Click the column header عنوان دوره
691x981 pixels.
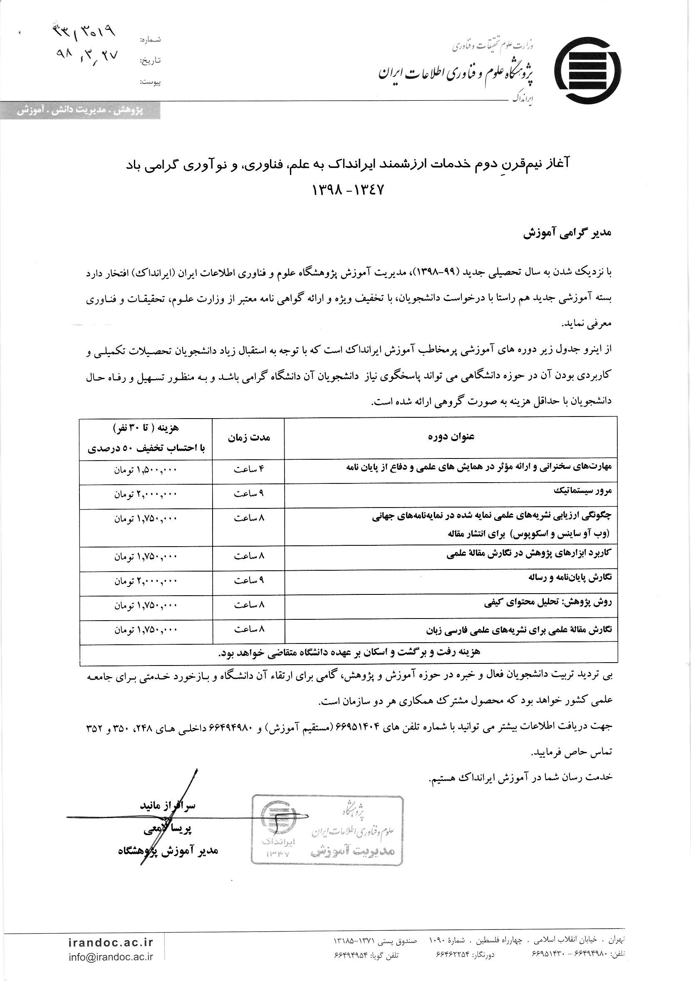(450, 436)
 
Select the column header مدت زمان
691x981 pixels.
(248, 438)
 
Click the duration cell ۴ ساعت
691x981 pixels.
(248, 470)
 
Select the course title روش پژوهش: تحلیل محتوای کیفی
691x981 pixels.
(548, 603)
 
